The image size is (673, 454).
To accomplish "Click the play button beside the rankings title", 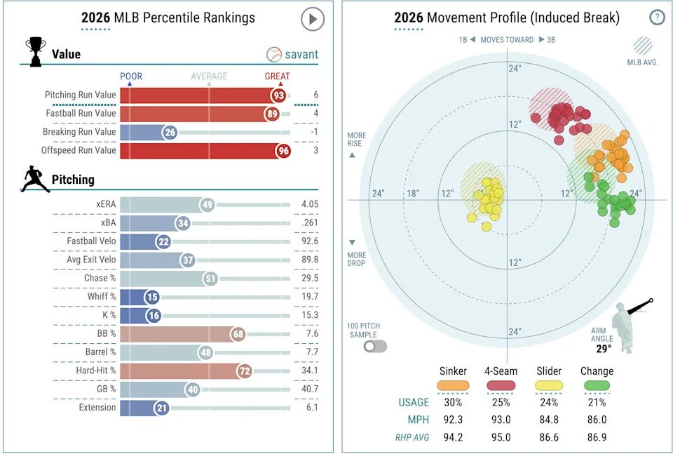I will (313, 19).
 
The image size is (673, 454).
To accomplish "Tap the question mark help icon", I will (657, 18).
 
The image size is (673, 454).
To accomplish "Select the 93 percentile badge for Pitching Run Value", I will (280, 95).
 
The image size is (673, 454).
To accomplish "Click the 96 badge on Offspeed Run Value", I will (283, 150).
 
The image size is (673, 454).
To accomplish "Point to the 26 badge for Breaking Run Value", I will (169, 132).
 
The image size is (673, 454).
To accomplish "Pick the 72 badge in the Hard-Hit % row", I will (243, 370).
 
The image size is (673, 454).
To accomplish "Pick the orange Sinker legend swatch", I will (453, 385).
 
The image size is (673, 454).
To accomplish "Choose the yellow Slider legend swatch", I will (549, 385).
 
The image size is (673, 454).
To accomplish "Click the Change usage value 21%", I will (597, 402).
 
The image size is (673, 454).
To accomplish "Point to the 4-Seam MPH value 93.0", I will (501, 420).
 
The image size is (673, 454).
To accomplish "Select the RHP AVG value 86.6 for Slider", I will (549, 437).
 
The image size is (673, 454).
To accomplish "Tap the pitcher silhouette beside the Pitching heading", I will (34, 179).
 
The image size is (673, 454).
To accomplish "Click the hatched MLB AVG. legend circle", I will (643, 46).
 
